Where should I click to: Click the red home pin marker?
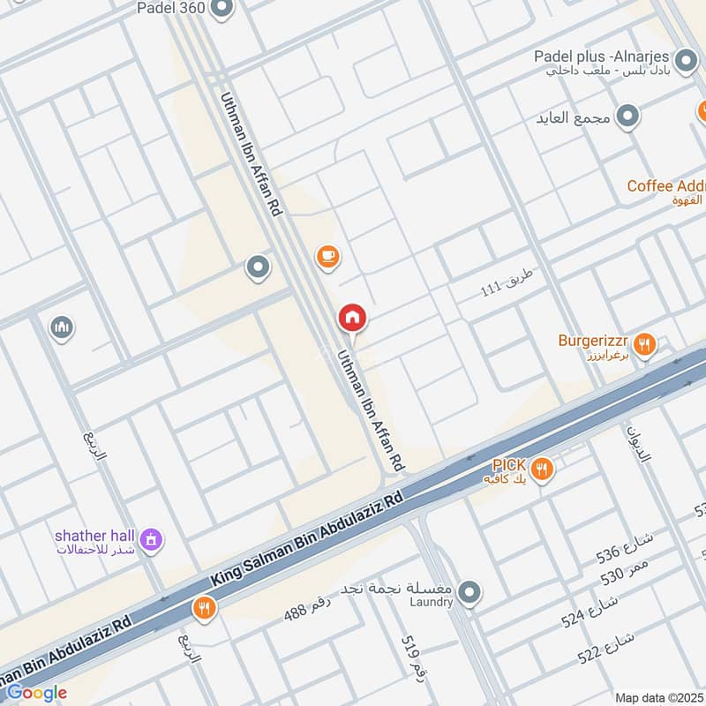click(352, 317)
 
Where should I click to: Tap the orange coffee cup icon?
click(327, 256)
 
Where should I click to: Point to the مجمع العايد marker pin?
click(627, 116)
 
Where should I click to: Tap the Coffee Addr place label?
click(665, 186)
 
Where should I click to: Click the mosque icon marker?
click(61, 327)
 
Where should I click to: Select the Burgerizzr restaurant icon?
click(644, 344)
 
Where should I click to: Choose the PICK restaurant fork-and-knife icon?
click(543, 469)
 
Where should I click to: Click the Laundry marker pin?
click(469, 592)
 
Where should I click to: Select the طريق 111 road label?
click(507, 282)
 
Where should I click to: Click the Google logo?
click(37, 693)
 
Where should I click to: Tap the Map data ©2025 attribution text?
click(659, 697)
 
